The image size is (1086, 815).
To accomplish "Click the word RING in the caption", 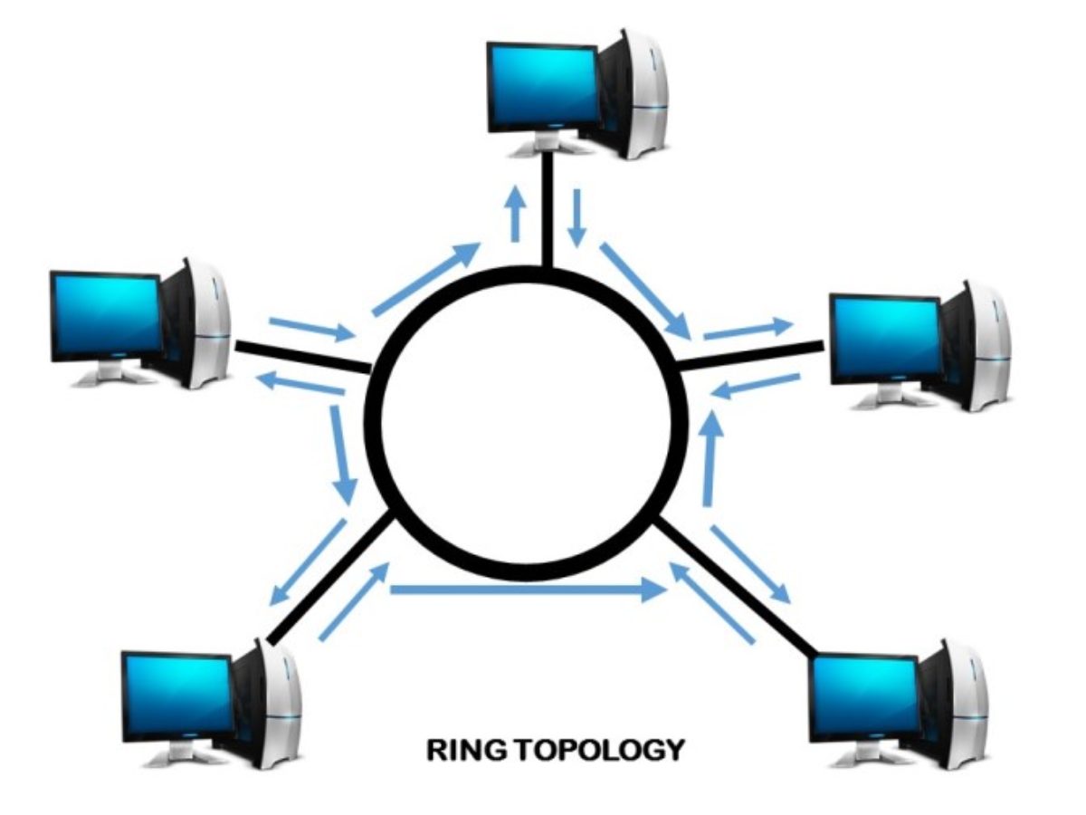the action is [465, 750].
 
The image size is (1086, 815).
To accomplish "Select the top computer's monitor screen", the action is [542, 86].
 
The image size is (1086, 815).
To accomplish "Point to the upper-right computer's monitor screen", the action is [886, 340].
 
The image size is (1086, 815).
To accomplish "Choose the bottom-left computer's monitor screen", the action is [178, 696].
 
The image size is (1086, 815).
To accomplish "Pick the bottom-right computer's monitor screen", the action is [866, 697].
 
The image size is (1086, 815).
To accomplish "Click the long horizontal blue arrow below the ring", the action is [528, 590].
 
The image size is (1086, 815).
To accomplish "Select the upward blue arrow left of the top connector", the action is [516, 214].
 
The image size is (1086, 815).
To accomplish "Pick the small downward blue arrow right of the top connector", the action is [576, 217].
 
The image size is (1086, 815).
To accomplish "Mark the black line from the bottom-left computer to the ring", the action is [330, 580].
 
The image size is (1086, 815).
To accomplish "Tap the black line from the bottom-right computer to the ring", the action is [737, 589].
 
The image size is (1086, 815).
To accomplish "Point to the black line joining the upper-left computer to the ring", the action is [303, 358].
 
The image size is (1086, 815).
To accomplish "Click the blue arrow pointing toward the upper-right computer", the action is [748, 331].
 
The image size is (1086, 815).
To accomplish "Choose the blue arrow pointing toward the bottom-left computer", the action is [308, 562].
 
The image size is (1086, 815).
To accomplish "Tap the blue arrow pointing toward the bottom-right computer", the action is [750, 564].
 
